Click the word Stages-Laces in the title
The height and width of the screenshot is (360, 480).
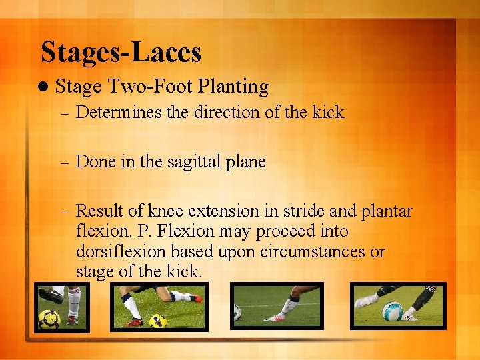121,53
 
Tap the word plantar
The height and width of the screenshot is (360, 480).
387,211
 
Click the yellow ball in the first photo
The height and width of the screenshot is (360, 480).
49,319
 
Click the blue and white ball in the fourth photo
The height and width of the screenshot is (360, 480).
393,311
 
